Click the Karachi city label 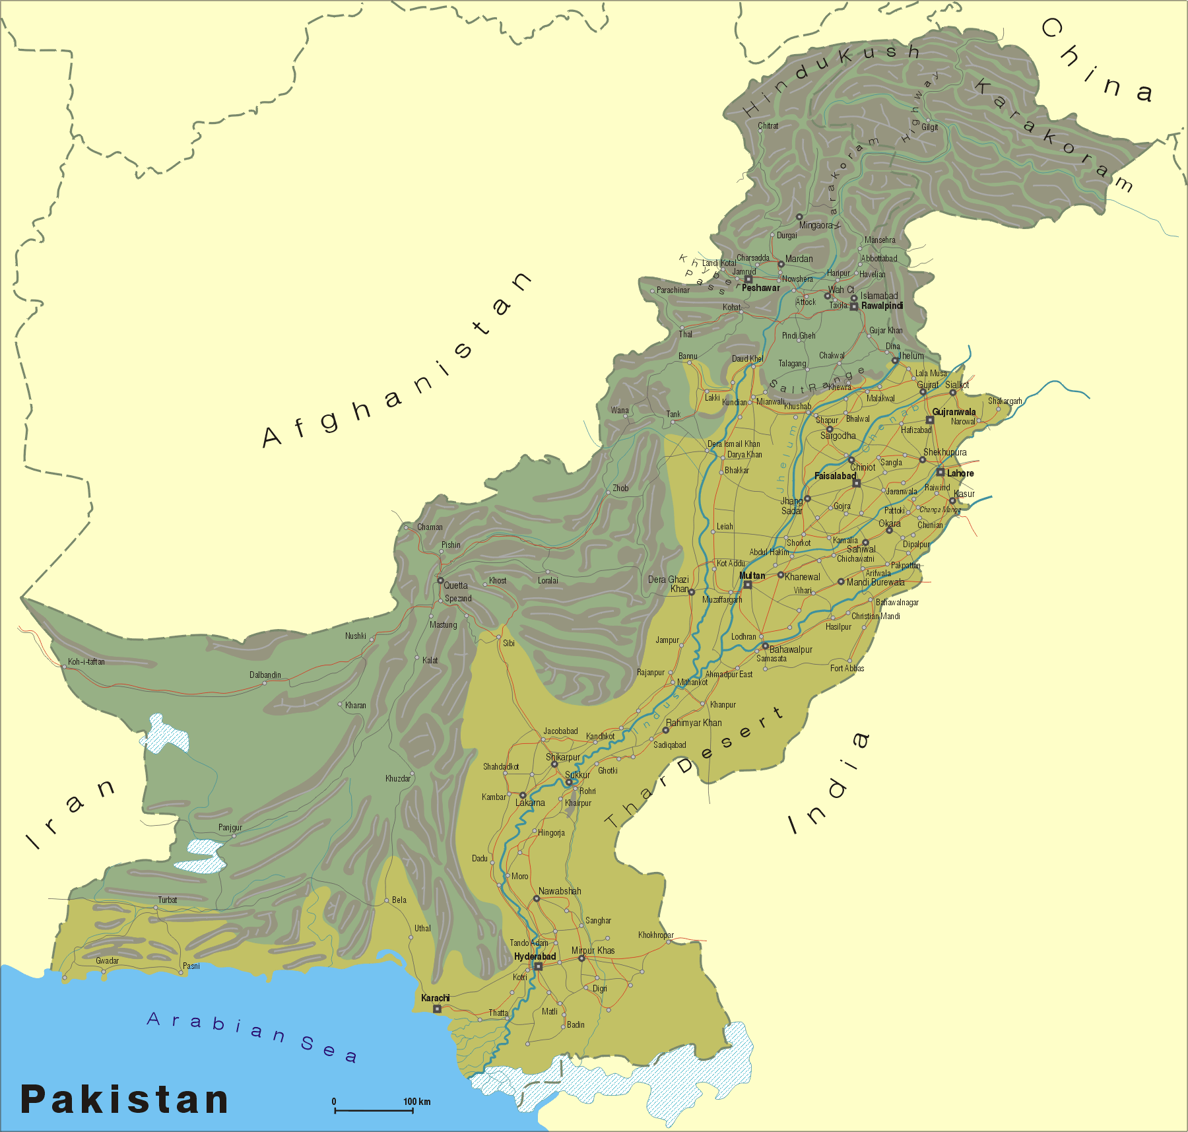coord(435,998)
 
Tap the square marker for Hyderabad coord(538,966)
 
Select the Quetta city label coord(455,585)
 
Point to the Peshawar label coord(761,288)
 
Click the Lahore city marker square coord(940,473)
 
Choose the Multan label coord(752,576)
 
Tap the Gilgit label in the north coord(930,127)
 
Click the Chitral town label coord(768,126)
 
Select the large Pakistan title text coord(125,1100)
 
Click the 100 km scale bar coord(374,1111)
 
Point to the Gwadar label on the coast coord(108,961)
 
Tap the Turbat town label coord(168,900)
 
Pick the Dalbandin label coord(265,675)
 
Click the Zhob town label coord(620,488)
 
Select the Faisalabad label coord(835,476)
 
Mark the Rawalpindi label coord(882,306)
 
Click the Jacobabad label coord(560,731)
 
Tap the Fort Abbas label coord(847,669)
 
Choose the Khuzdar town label coord(398,779)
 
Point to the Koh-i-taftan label coord(86,662)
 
